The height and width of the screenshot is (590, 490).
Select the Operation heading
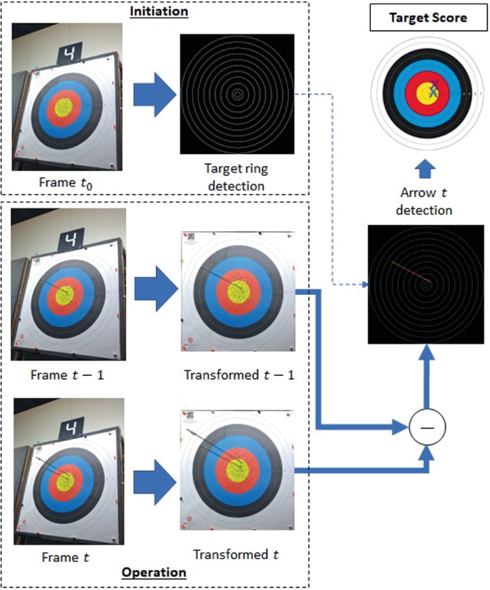click(154, 572)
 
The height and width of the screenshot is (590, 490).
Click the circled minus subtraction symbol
click(426, 427)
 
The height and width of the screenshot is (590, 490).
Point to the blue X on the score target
click(434, 90)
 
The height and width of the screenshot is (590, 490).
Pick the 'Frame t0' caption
click(67, 182)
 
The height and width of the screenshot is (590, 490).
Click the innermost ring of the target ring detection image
click(237, 94)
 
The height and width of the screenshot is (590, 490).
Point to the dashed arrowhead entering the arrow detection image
click(365, 284)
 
